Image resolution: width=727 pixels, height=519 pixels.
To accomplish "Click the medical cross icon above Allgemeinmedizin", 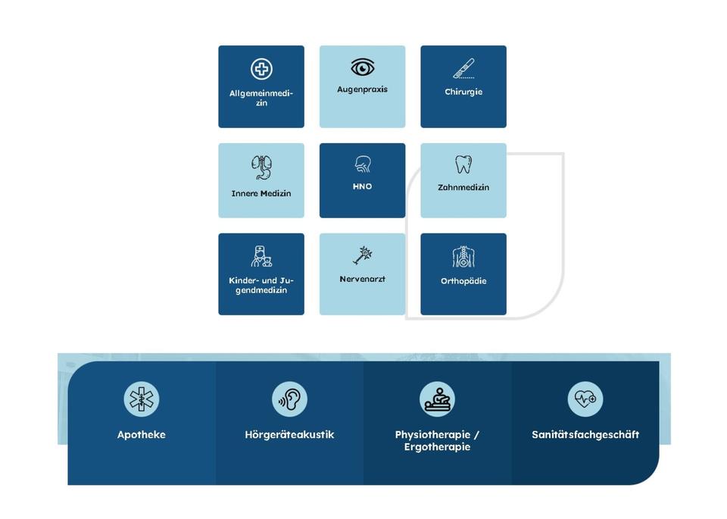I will point(261,70).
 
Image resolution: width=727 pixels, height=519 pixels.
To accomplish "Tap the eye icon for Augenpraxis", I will point(363,67).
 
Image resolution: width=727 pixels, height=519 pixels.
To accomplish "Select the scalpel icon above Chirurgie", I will point(463,69).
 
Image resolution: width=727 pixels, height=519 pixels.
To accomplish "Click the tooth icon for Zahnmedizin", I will point(463,164).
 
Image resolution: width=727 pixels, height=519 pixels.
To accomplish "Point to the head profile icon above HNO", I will point(363,164).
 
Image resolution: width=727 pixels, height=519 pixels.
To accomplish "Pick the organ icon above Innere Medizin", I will point(261,167).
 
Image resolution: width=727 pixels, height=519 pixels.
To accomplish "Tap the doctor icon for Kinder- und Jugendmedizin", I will point(261,256).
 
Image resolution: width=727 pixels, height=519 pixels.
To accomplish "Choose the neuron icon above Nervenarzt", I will point(363,255).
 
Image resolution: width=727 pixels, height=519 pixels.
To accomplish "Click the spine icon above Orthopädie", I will point(463,257).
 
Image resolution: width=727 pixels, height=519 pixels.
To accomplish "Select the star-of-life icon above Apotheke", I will point(142,399).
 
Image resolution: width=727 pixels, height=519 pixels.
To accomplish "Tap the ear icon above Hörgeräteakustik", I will point(289,399).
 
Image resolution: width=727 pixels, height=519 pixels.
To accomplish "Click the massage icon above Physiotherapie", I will point(437,399).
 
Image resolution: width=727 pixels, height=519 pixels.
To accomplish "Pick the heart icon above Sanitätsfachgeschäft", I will point(585,399).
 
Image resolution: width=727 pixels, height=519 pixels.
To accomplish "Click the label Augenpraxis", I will point(362,89).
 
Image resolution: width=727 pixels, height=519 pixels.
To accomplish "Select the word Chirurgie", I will point(463,92).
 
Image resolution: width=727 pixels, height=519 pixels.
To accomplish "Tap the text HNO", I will point(363,186).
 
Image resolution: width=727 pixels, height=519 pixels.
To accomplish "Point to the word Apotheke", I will point(142,435).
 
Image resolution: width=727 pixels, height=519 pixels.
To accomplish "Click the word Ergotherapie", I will point(437,447).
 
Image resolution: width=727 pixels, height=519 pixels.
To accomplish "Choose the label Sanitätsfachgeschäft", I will point(585,435).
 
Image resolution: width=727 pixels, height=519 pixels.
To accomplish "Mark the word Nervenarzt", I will point(363,279).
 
